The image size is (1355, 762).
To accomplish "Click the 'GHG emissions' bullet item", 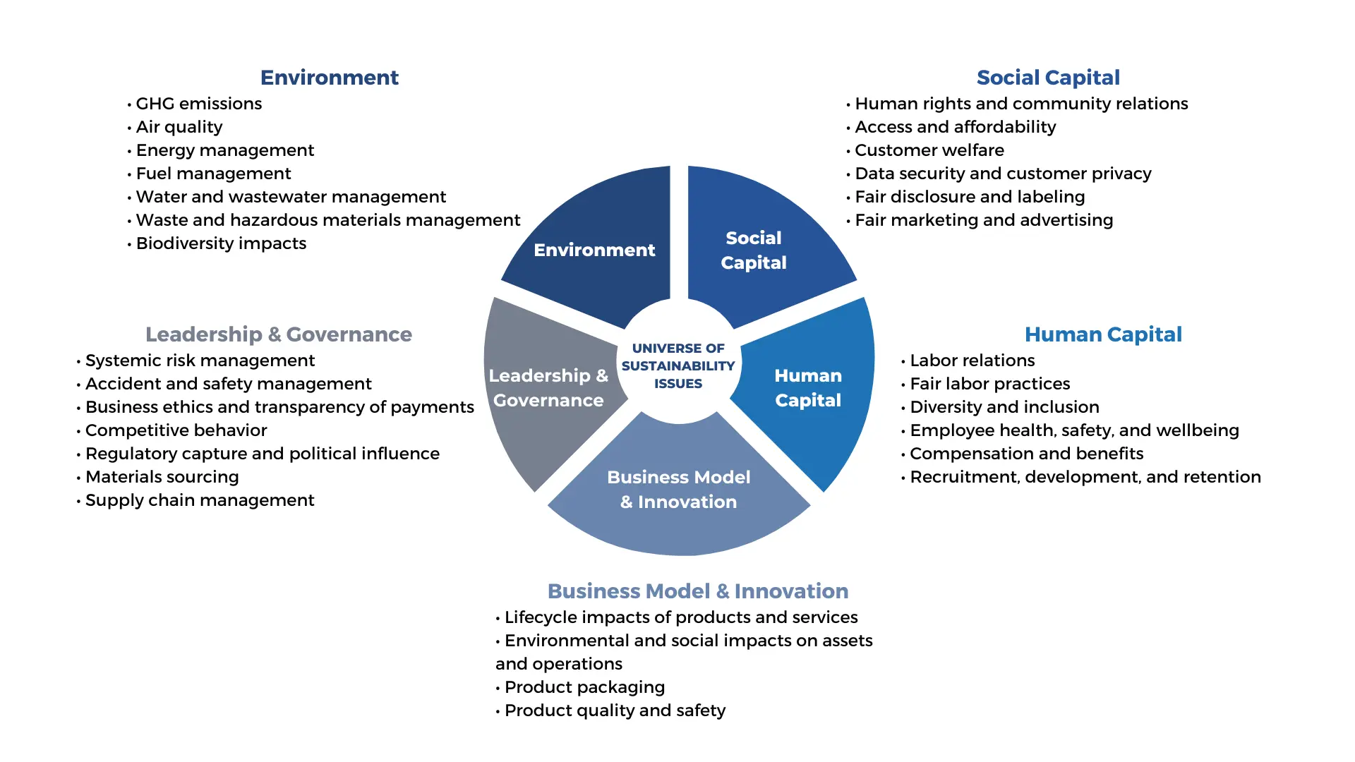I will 198,104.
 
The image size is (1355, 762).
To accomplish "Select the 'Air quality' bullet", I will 179,127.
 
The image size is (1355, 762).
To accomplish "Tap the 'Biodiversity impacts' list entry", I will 221,243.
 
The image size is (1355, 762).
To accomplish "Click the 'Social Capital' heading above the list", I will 1048,78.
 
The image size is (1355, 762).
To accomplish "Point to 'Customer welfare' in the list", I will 929,150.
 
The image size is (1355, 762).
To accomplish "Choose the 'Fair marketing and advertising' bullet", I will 984,220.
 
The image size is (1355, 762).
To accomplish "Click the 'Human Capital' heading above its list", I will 1103,334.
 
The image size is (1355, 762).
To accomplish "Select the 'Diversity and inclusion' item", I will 1004,407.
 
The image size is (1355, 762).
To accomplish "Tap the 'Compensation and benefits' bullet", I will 1026,454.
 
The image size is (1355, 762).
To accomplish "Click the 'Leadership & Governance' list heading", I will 279,334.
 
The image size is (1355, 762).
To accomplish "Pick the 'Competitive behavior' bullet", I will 176,430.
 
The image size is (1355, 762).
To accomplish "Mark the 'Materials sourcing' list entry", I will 162,477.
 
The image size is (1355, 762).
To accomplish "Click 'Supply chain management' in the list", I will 200,500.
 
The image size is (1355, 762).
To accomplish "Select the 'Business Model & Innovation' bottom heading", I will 698,591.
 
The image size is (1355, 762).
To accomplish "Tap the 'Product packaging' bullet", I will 584,687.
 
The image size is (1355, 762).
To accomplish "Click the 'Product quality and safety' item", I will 615,710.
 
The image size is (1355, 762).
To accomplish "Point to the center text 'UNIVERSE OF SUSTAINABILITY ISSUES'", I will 678,366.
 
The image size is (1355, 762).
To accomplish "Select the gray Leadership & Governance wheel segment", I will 548,388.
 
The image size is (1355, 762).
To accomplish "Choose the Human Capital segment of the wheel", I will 809,388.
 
